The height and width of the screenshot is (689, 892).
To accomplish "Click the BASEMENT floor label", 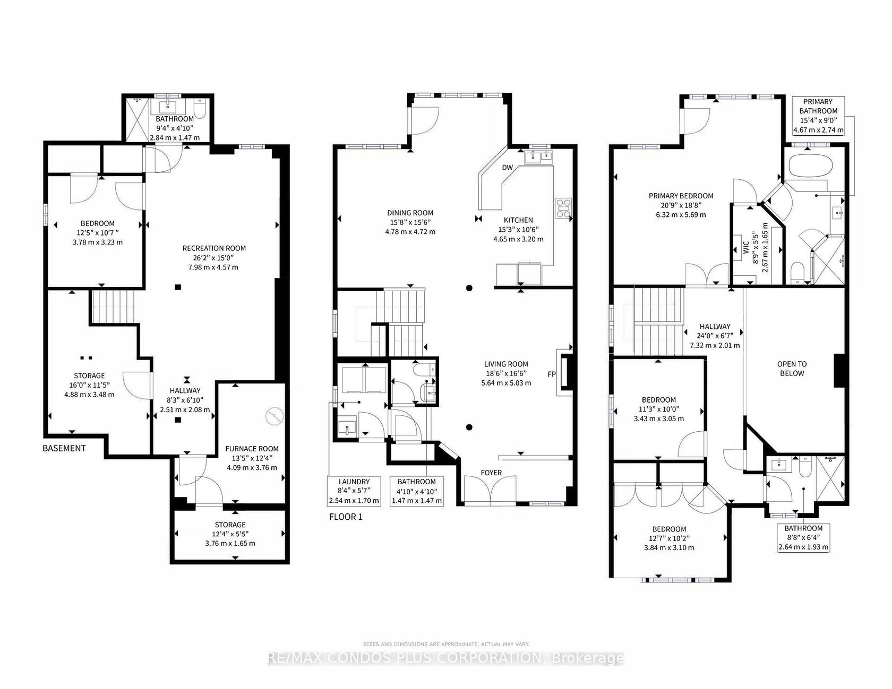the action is point(64,448).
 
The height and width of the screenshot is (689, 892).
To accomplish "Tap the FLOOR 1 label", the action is point(346,517).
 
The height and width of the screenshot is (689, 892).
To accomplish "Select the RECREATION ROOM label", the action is point(214,248).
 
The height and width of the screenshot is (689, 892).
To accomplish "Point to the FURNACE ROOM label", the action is point(252,449).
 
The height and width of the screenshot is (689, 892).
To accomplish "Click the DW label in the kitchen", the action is point(508,168).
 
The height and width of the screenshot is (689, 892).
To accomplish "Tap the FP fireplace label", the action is point(552,374).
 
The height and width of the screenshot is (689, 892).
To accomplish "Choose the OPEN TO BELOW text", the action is point(792,369).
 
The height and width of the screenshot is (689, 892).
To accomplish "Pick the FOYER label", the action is point(491,473).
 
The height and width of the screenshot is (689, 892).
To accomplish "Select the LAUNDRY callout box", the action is point(354,491).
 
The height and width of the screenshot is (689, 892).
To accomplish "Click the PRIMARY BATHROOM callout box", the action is point(818,116).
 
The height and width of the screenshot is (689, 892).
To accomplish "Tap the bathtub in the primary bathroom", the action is point(808,165).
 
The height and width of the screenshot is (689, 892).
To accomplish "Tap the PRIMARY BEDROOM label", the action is point(681,196).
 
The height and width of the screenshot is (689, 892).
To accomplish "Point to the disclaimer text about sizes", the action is point(446,644).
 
